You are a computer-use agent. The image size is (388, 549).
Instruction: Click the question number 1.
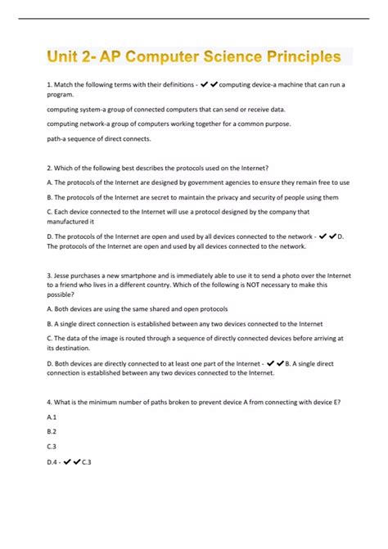coord(49,85)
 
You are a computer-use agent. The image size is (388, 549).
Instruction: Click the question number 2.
coord(49,168)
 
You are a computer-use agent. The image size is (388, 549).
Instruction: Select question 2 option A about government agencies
coord(197,182)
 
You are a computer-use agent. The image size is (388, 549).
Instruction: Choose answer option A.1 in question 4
coord(51,416)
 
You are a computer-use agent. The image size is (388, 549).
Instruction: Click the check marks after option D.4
coord(75,461)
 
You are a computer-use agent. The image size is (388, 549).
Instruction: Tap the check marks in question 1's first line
coord(208,85)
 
